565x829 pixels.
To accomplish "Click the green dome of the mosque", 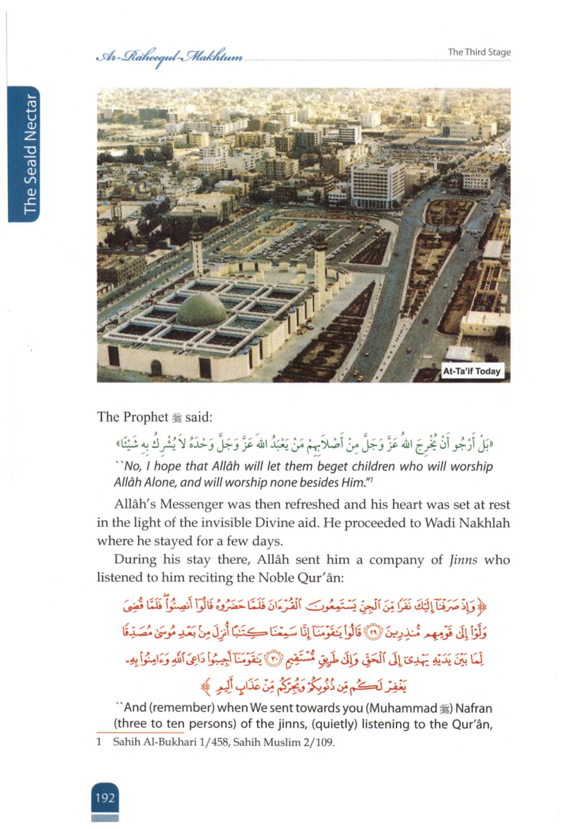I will [x=202, y=309].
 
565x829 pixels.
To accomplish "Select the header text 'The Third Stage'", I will [x=479, y=52].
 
